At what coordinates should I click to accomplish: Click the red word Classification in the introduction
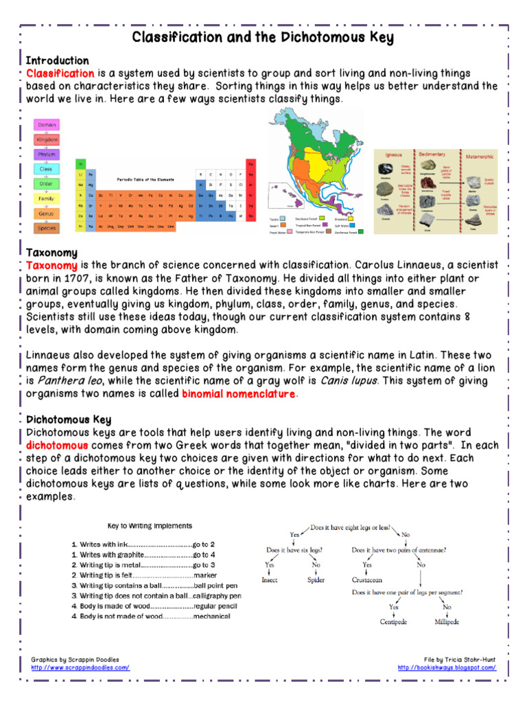[x=60, y=73]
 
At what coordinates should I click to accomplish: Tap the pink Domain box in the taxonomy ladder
[x=47, y=125]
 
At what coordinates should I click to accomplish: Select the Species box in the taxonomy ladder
[x=47, y=228]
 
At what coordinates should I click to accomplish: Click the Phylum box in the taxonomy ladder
[x=47, y=154]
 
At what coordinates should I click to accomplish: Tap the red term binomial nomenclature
[x=238, y=394]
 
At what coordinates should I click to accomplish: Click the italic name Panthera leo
[x=67, y=381]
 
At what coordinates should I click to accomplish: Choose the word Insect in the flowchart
[x=270, y=579]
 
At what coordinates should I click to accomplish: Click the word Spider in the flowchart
[x=316, y=579]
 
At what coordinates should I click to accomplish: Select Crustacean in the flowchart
[x=367, y=579]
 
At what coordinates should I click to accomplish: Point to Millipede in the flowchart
[x=447, y=622]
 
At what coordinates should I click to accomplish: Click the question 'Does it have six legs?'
[x=295, y=550]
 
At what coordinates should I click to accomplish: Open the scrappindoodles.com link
[x=80, y=667]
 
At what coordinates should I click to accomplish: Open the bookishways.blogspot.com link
[x=447, y=667]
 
